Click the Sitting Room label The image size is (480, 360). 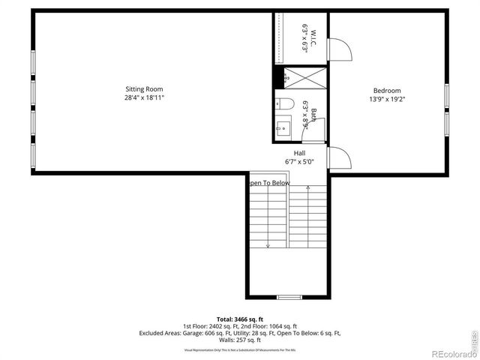tap(144, 88)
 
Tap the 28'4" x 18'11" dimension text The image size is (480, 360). tap(144, 97)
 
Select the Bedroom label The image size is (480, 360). tap(387, 90)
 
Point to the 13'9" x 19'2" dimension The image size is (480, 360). tap(387, 99)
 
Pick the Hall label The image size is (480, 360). tap(299, 152)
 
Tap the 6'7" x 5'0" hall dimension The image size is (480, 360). tap(299, 161)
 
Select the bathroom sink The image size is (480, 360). tap(282, 127)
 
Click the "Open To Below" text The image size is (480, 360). tap(268, 183)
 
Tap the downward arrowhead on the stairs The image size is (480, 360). tap(267, 245)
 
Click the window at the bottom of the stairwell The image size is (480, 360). tap(289, 298)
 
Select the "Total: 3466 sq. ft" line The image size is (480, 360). tap(240, 319)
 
